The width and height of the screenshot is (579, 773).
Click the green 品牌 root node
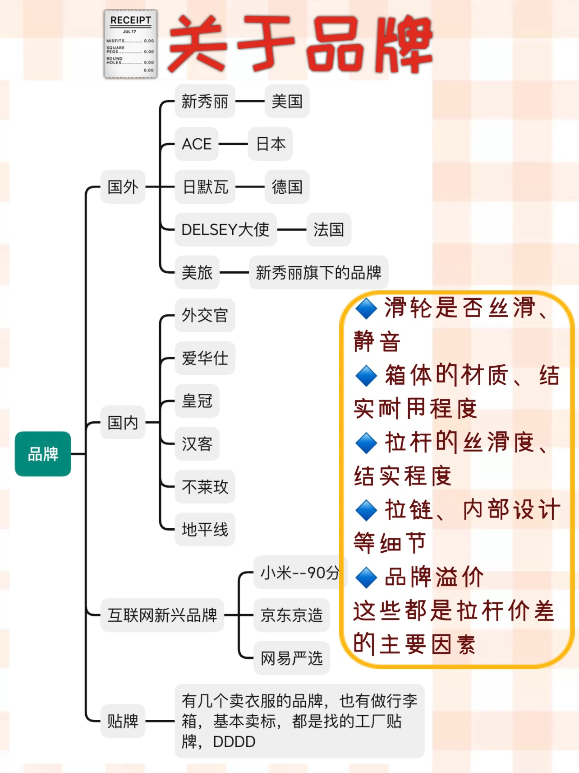coord(43,454)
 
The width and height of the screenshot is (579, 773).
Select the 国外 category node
coord(123,186)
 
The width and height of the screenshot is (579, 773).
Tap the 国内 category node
coord(123,423)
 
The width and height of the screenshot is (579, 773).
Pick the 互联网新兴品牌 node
coord(162,615)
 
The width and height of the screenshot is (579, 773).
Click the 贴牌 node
coord(123,721)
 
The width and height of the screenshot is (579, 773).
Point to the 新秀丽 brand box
coord(205,101)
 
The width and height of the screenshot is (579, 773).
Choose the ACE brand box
coord(197,144)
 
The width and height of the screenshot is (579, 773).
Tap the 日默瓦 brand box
coord(205,186)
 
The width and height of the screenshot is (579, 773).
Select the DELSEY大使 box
coord(225,229)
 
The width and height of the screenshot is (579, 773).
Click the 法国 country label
coord(329,229)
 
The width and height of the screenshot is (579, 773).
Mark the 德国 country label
coord(287,186)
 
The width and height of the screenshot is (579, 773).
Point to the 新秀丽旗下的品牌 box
coord(318,272)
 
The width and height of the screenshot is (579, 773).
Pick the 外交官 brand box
coord(205,315)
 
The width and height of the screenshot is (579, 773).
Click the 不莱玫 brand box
coord(205,487)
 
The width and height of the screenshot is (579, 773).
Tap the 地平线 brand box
coord(205,529)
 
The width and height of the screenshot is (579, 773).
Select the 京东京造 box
coord(292,615)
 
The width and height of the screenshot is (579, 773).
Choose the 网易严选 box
coord(292,658)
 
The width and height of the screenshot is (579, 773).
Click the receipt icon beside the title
coord(130,44)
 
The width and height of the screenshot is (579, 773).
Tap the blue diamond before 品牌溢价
coord(366,577)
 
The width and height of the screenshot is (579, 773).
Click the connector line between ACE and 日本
coord(233,144)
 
